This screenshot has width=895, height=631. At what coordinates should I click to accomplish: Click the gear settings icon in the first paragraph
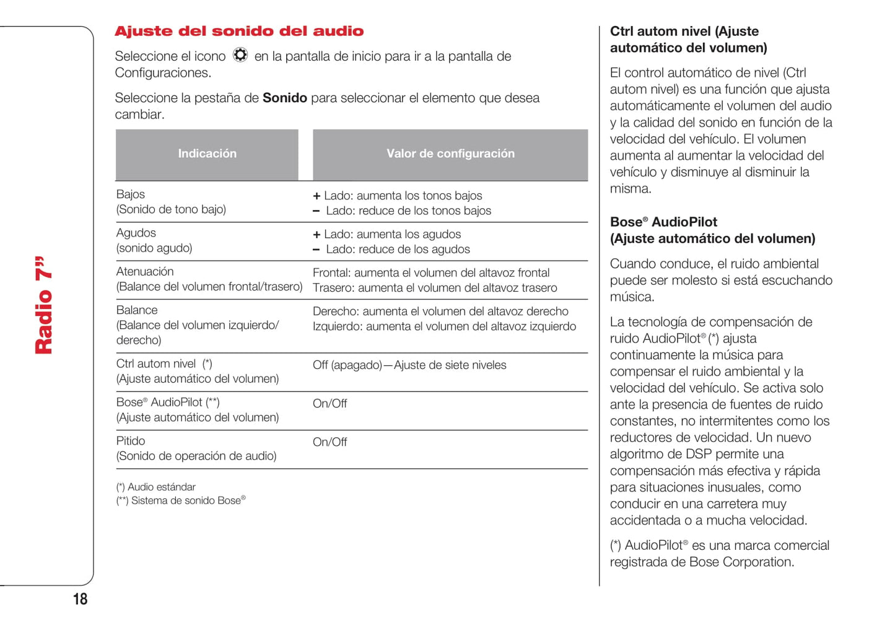[x=240, y=55]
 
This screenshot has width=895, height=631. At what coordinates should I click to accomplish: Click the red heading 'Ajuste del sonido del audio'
[x=239, y=31]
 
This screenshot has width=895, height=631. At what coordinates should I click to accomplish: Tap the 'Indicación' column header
[x=207, y=154]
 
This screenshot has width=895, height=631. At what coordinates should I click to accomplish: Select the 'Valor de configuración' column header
[x=450, y=154]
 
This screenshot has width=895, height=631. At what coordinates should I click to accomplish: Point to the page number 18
[x=81, y=599]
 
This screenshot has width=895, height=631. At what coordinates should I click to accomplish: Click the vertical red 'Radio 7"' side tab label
[x=44, y=305]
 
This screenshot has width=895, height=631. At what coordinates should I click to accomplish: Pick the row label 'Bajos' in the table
[x=131, y=194]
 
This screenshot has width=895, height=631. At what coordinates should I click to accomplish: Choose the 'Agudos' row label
[x=136, y=233]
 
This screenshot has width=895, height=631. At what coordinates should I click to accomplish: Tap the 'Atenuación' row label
[x=145, y=271]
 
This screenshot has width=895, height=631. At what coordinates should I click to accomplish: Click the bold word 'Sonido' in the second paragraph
[x=285, y=98]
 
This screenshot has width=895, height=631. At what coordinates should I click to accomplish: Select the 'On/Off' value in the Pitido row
[x=330, y=442]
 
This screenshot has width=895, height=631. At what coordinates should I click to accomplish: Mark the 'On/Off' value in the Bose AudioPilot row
[x=330, y=404]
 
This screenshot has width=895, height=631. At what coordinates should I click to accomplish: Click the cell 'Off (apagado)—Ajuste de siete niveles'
[x=409, y=365]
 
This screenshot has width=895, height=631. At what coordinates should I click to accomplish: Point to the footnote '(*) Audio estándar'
[x=156, y=487]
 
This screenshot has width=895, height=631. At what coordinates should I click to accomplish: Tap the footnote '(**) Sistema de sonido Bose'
[x=180, y=500]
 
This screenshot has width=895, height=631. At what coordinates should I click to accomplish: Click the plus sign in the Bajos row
[x=317, y=196]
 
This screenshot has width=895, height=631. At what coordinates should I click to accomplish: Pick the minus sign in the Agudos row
[x=317, y=250]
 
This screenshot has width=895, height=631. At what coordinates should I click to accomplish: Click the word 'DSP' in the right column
[x=699, y=454]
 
